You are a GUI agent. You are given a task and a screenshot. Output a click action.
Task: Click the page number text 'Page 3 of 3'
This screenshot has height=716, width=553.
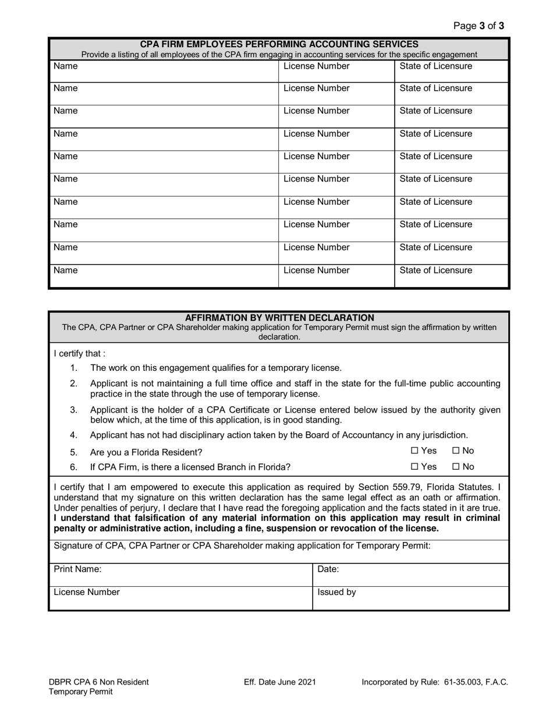(478, 26)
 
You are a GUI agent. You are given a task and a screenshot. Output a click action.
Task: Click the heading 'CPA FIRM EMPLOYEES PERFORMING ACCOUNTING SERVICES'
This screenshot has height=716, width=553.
(279, 44)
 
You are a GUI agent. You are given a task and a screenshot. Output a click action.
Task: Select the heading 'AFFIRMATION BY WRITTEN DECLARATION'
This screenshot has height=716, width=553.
(279, 318)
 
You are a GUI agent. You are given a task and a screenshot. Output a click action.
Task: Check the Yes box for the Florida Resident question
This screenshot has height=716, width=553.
(414, 451)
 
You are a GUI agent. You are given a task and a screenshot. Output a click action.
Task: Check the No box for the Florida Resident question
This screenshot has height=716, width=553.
(456, 451)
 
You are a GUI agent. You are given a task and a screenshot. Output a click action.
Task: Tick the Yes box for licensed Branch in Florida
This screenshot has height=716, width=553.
(414, 466)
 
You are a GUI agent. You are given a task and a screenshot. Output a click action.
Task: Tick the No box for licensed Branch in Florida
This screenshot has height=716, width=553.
(456, 466)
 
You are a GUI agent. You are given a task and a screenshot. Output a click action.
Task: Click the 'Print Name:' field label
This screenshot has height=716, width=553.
(77, 569)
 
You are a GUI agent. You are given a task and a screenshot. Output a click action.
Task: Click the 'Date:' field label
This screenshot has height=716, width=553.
(328, 569)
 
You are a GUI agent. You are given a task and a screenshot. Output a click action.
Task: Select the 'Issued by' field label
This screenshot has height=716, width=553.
(336, 593)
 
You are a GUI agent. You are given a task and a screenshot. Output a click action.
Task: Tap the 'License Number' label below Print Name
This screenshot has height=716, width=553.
(87, 593)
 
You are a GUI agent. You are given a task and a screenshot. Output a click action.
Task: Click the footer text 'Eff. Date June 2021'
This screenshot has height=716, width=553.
(280, 682)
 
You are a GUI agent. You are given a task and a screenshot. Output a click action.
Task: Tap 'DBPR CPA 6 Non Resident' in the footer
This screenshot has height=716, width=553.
(99, 682)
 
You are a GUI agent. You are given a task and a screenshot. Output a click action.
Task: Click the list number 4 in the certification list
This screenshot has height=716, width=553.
(74, 435)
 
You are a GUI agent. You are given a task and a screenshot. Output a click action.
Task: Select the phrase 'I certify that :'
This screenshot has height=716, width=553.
(80, 353)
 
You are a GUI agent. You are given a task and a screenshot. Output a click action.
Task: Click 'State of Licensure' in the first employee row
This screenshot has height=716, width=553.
(436, 66)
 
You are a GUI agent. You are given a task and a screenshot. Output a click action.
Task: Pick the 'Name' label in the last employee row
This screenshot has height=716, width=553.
(65, 271)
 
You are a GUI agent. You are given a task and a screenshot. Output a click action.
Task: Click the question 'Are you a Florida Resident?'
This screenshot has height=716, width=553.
(146, 452)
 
